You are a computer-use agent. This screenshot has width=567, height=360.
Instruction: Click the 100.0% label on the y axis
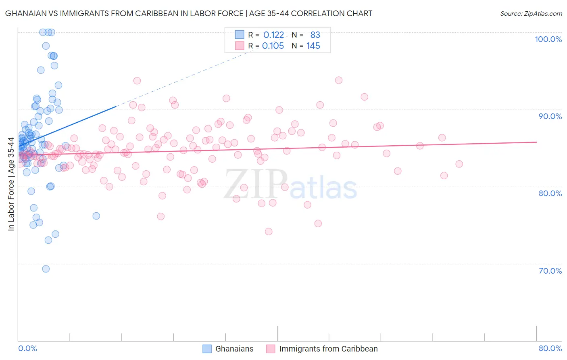548,39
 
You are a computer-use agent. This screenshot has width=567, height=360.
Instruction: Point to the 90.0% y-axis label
550,116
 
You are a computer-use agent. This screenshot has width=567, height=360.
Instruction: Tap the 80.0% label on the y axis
550,193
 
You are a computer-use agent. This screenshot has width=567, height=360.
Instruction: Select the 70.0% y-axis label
550,271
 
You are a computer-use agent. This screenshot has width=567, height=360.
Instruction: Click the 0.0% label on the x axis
27,348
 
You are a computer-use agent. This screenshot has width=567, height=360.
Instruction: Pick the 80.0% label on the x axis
550,348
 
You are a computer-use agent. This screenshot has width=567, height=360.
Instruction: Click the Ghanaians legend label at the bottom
234,349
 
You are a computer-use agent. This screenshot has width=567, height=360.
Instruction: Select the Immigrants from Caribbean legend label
328,349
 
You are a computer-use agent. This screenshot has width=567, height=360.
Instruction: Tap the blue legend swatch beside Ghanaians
207,349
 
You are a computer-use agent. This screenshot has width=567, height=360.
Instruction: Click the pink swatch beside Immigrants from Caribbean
271,349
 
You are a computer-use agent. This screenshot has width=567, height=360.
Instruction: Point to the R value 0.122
273,35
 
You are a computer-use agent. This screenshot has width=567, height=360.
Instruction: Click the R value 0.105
273,46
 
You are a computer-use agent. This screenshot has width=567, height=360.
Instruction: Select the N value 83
315,35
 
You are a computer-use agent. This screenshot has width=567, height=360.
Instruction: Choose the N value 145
313,46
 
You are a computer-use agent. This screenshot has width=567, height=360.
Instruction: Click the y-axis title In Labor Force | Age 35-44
11,184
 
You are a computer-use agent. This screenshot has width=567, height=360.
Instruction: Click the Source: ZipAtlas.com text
531,14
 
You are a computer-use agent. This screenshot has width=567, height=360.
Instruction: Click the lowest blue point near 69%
46,269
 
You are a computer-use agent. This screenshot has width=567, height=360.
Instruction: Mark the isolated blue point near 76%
96,216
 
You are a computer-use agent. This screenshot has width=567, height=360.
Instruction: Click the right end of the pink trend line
536,142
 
